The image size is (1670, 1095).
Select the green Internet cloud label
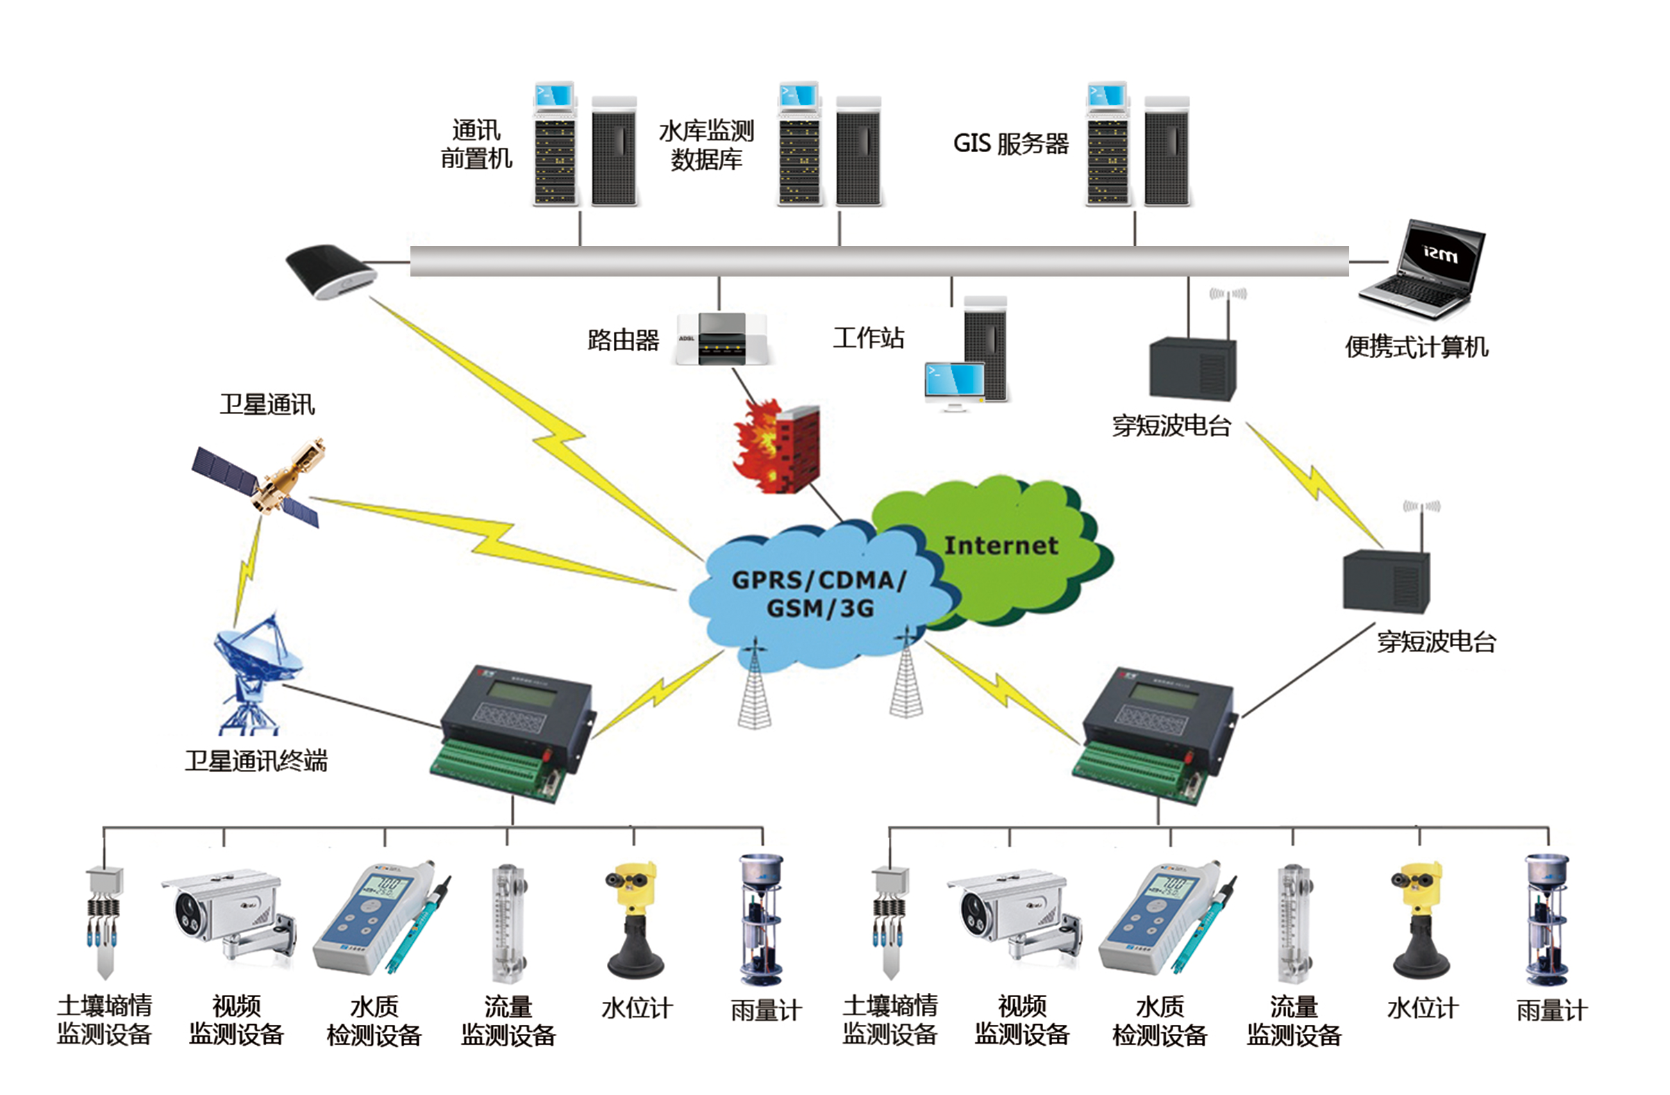[1001, 546]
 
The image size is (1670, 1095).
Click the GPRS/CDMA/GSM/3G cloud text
[819, 594]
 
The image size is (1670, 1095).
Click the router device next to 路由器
[721, 339]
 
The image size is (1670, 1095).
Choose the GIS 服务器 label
[1010, 144]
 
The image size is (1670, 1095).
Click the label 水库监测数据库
[706, 145]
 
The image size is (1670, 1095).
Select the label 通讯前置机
[476, 145]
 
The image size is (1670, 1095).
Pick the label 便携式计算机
[1416, 347]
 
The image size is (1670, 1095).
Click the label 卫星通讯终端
[256, 761]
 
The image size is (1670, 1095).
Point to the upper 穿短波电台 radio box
[1193, 368]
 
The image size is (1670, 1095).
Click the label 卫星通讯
[267, 405]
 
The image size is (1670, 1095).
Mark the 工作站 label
[868, 338]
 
